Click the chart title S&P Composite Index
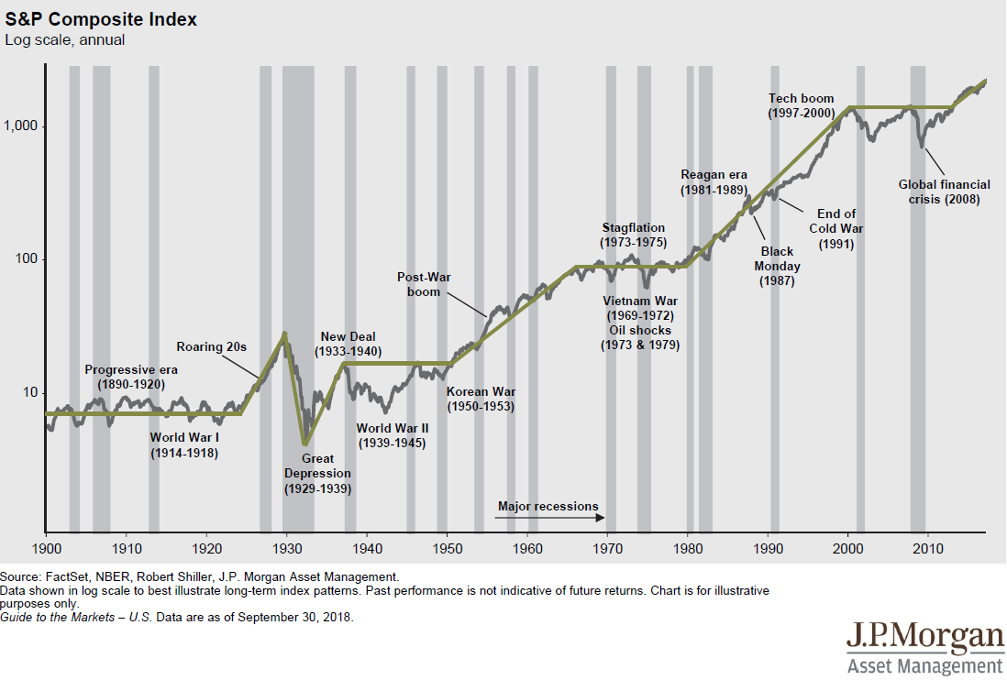[101, 19]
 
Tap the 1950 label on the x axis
[447, 548]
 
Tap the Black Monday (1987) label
[777, 266]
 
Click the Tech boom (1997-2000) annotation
[802, 105]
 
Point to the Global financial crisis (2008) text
[944, 192]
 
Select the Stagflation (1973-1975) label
[633, 235]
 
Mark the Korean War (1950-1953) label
[481, 399]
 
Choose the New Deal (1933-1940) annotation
[348, 344]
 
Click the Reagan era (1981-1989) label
[714, 182]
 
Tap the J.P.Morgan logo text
[924, 637]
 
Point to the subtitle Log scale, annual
[65, 40]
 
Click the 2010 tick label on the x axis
[927, 548]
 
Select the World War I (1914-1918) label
[185, 444]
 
